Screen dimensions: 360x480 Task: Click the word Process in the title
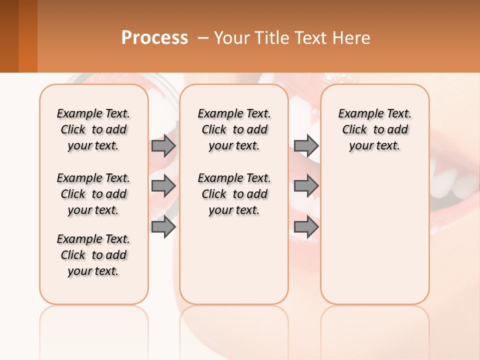[154, 37]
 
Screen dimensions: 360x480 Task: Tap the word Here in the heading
[350, 37]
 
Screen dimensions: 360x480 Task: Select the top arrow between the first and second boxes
[163, 145]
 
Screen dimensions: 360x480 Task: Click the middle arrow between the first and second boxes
[163, 186]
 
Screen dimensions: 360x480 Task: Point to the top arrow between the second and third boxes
[306, 145]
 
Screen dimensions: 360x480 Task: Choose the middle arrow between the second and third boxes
[306, 186]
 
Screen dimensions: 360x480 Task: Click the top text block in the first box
[93, 129]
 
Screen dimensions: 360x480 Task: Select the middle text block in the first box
[93, 194]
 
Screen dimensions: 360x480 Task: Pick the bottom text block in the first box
[93, 255]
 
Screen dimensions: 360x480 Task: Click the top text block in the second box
[234, 129]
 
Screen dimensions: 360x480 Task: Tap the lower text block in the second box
[234, 194]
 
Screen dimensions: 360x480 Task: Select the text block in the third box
[374, 129]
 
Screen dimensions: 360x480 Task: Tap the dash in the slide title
[203, 37]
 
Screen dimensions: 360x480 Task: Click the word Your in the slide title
[232, 37]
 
